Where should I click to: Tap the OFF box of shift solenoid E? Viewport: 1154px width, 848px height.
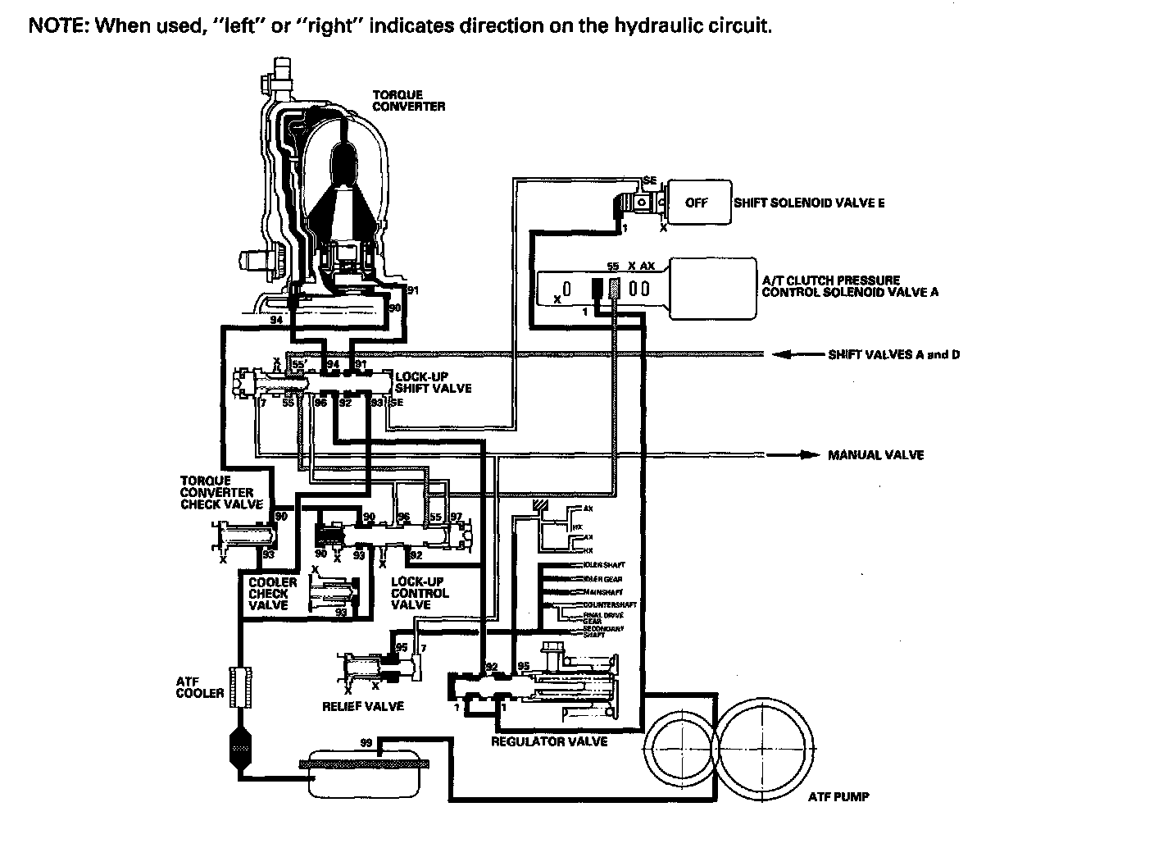pyautogui.click(x=696, y=203)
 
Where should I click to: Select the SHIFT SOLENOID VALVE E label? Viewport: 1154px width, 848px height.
pyautogui.click(x=809, y=203)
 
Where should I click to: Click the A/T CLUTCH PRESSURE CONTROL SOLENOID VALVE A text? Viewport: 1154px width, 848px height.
pyautogui.click(x=850, y=286)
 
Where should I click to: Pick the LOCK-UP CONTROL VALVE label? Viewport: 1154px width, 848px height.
pyautogui.click(x=419, y=593)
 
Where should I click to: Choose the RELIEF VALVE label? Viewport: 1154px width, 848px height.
pyautogui.click(x=363, y=706)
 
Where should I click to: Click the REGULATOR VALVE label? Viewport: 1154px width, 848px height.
pyautogui.click(x=548, y=741)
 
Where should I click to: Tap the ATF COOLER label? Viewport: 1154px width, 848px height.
pyautogui.click(x=199, y=687)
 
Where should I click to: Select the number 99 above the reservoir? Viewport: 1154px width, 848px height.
pyautogui.click(x=367, y=743)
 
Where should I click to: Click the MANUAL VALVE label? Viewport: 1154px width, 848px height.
pyautogui.click(x=875, y=455)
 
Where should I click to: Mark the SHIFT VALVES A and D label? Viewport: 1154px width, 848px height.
pyautogui.click(x=893, y=355)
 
